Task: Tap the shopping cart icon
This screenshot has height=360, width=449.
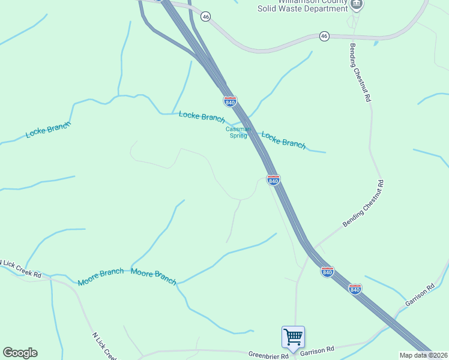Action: [293, 337]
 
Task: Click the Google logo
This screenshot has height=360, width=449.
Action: [20, 353]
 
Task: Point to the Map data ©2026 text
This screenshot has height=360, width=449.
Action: [424, 355]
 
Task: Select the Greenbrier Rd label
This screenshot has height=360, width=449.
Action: [268, 356]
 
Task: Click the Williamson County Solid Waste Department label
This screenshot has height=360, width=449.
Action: [303, 5]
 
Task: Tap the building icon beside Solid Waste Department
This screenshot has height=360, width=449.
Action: [357, 4]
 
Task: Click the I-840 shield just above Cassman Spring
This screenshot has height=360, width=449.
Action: [230, 101]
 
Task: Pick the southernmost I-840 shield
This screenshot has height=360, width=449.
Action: [355, 289]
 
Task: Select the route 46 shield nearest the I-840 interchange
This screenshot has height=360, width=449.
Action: [206, 17]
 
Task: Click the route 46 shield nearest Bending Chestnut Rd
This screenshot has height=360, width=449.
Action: [324, 36]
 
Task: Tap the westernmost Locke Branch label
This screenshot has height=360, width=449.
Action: [48, 130]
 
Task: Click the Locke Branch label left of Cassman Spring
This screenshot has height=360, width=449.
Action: [202, 116]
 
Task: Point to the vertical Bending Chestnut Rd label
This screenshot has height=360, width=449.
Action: [360, 72]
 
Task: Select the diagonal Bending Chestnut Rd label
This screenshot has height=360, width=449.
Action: [363, 203]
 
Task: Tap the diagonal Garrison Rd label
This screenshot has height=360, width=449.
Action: [420, 294]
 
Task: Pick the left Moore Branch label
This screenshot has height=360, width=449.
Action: [100, 278]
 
